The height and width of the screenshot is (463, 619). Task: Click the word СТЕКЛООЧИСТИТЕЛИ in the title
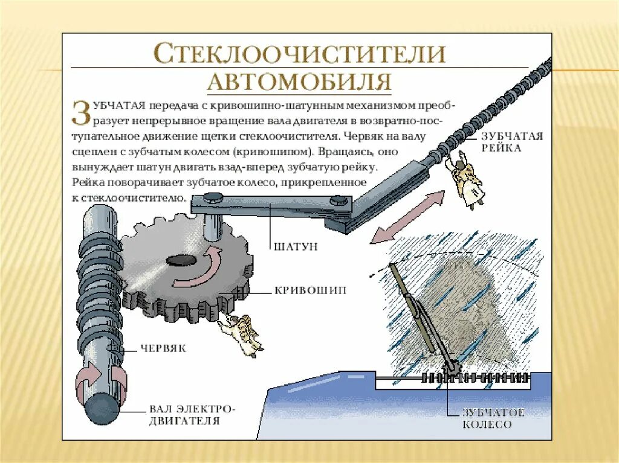click(x=300, y=54)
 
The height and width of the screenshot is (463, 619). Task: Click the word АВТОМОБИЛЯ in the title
click(x=300, y=81)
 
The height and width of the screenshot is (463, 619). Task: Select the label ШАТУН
click(x=296, y=246)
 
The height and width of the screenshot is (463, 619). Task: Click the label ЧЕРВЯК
click(x=163, y=348)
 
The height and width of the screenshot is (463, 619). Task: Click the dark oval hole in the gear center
click(x=179, y=260)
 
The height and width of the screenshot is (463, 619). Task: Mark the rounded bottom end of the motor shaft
click(x=103, y=410)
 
